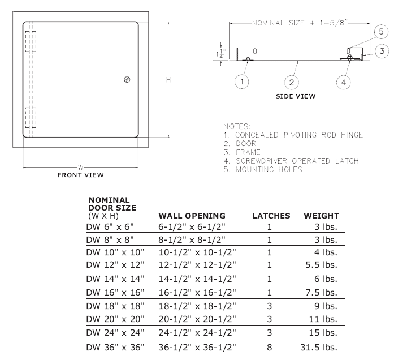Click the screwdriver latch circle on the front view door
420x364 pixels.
coord(127,79)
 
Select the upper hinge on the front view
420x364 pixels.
coord(31,41)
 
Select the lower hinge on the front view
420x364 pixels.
coord(31,118)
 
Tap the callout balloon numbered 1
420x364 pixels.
coord(242,82)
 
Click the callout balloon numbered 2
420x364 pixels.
coord(291,82)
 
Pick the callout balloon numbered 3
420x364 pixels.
coord(382,51)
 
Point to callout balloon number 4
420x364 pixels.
coord(343,82)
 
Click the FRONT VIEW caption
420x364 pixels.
coord(81,175)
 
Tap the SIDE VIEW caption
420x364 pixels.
coord(296,96)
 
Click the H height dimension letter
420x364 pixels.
coord(168,80)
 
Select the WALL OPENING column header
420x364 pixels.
coord(192,216)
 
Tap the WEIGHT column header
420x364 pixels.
coord(321,216)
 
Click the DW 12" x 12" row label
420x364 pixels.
coord(115,264)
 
